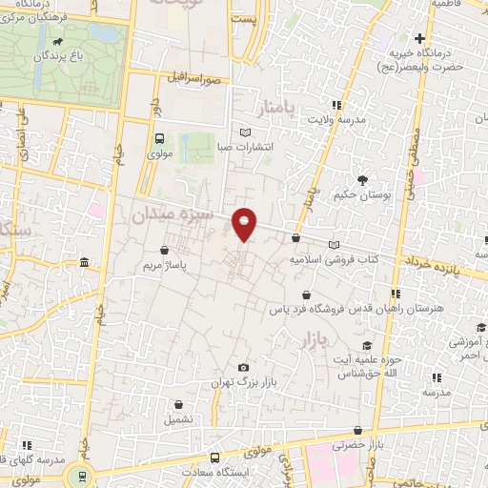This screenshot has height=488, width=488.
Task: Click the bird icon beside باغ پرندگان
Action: (x=62, y=42)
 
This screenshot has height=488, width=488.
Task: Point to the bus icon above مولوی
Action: (x=159, y=137)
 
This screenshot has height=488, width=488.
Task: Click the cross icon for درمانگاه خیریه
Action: (x=418, y=36)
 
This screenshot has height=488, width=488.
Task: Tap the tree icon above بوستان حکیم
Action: (x=362, y=179)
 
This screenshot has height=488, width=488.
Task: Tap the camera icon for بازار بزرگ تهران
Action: (x=245, y=367)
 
